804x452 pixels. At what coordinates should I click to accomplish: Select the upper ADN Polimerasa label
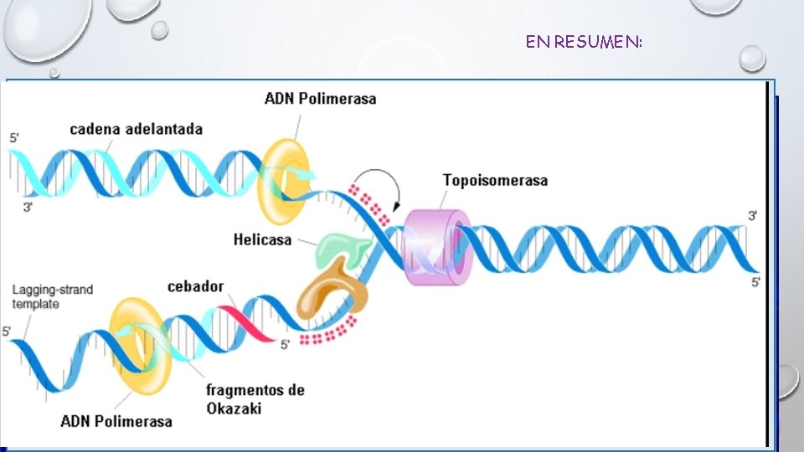(320, 98)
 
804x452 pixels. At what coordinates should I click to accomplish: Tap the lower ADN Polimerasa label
(116, 419)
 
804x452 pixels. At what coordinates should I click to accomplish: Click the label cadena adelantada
(136, 129)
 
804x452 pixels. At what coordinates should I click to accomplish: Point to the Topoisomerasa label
(495, 180)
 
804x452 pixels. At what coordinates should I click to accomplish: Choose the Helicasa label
(262, 239)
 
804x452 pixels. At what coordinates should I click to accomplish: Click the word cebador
(195, 286)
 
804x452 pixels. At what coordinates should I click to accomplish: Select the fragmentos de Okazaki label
(255, 398)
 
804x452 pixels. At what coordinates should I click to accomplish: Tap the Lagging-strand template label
(52, 296)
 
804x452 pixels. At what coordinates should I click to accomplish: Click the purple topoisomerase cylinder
(435, 246)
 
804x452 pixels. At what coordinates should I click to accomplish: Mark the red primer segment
(246, 323)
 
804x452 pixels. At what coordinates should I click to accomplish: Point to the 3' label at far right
(753, 216)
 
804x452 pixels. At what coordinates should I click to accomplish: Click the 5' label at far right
(755, 283)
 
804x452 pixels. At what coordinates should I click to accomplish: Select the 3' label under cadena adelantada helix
(28, 207)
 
